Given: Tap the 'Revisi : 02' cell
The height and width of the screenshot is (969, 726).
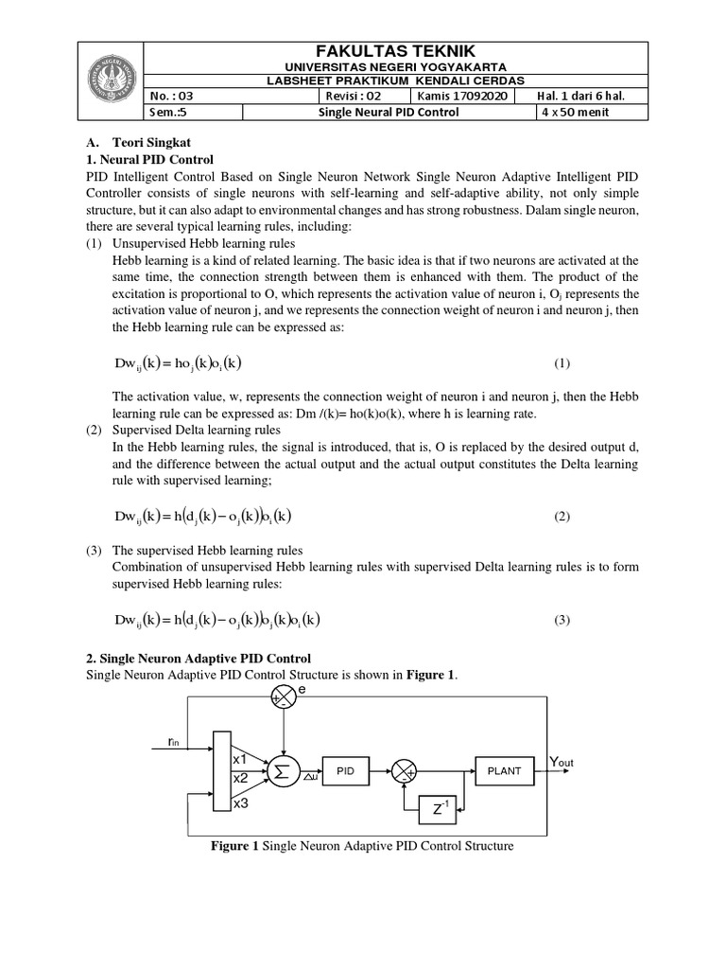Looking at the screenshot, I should click(x=353, y=96).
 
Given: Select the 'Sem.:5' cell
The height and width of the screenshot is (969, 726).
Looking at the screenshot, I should click(x=170, y=112).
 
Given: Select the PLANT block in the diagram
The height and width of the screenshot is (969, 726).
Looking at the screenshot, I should click(x=504, y=771).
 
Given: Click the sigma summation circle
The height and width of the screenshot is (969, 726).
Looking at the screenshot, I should click(x=281, y=772).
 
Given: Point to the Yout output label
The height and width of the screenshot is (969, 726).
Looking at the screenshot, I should click(x=567, y=762).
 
